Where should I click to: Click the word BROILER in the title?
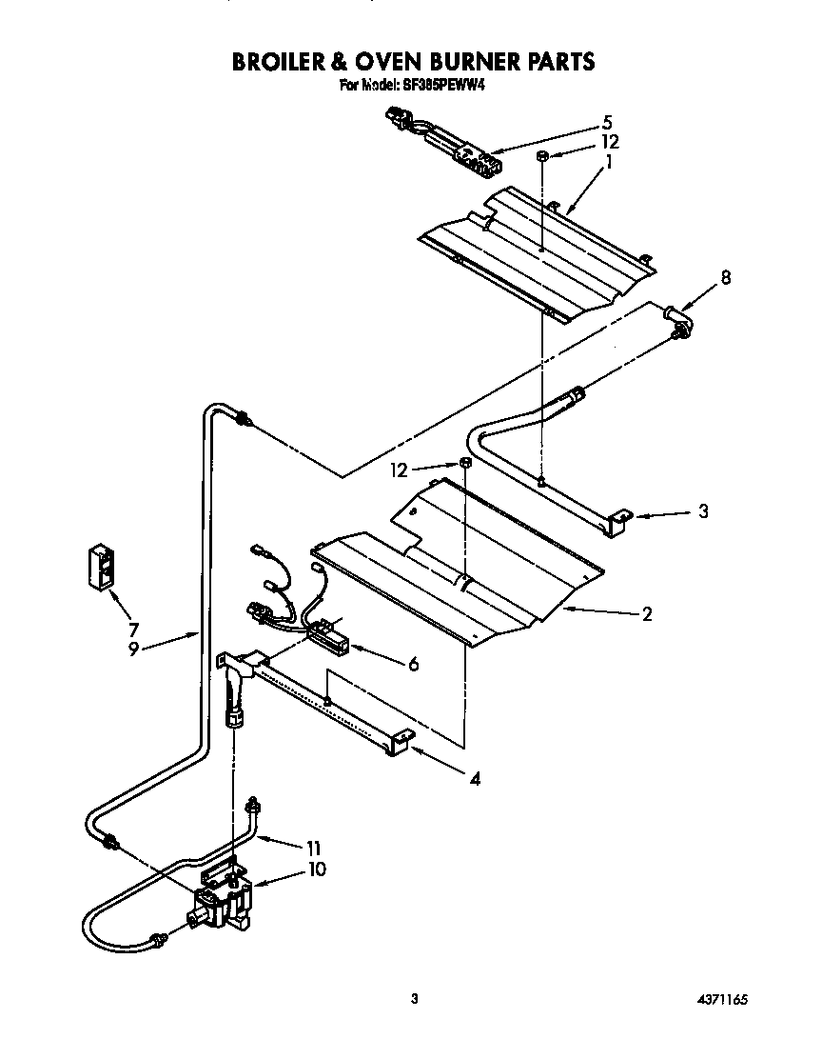(x=289, y=62)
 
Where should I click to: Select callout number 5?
(x=606, y=122)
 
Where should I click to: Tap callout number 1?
(x=608, y=161)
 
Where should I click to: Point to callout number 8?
(x=726, y=278)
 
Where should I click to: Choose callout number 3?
(x=703, y=511)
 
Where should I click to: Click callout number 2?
(x=646, y=614)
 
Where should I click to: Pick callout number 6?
(x=413, y=665)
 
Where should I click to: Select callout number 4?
(x=474, y=778)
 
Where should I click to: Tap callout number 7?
(x=133, y=629)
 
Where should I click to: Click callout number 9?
(x=133, y=648)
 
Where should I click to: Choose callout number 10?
(x=316, y=869)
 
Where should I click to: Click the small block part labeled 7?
(x=100, y=568)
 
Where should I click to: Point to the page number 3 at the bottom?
(x=414, y=999)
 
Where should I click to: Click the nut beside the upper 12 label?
(x=540, y=155)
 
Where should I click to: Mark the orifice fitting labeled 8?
(x=676, y=318)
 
